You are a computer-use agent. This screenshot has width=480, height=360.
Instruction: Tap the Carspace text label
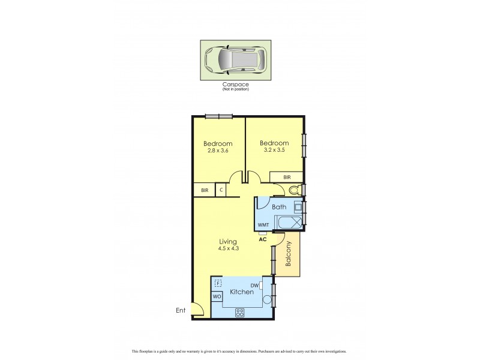point(235,85)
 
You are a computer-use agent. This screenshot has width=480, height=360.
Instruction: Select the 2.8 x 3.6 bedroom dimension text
point(218,152)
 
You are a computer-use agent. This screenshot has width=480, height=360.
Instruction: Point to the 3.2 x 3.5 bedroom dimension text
point(274,151)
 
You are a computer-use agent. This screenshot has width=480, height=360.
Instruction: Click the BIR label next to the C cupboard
point(205,190)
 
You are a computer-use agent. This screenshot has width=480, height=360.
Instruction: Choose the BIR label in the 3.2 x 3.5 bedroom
point(287,178)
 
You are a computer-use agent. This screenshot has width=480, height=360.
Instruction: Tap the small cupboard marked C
point(221,190)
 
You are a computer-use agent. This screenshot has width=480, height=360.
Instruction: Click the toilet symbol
point(293,190)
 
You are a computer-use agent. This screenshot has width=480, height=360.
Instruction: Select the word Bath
point(279,207)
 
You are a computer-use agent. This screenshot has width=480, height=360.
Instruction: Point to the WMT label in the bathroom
point(263,225)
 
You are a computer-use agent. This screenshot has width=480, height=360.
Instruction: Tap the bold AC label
point(262,239)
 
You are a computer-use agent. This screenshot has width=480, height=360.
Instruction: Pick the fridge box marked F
point(218,283)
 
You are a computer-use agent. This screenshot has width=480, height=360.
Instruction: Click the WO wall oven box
point(217,297)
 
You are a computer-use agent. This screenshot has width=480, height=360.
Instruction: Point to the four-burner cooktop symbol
point(240,312)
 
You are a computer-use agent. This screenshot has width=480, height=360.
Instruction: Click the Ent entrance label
point(179,310)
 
